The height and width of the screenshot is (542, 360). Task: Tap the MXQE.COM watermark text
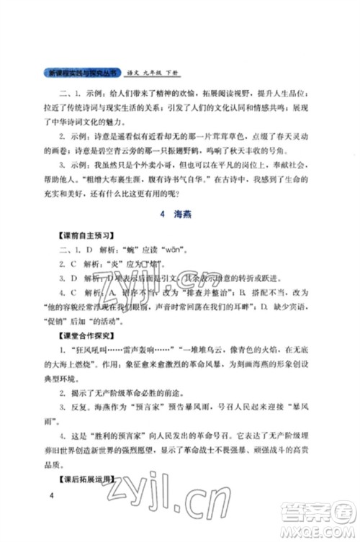click(x=323, y=531)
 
